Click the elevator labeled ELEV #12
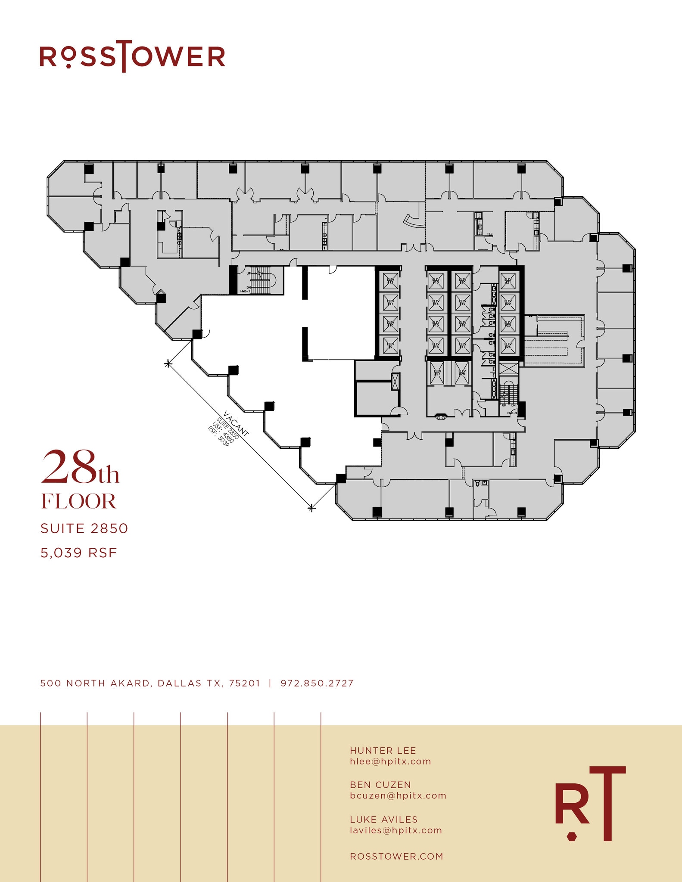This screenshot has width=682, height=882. click(x=390, y=282)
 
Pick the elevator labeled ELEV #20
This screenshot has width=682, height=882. click(x=462, y=282)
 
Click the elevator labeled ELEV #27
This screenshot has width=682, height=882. click(x=437, y=373)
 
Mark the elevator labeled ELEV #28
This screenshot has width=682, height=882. click(x=462, y=373)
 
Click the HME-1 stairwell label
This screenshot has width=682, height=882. click(x=246, y=292)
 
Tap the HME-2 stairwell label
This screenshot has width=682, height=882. click(x=512, y=413)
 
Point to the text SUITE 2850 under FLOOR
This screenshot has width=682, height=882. click(x=84, y=528)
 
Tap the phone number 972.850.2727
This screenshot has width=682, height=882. click(x=317, y=683)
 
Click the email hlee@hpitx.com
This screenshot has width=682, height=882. click(x=390, y=761)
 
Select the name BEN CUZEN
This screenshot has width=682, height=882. click(x=380, y=785)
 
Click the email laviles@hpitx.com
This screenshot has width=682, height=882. click(x=396, y=830)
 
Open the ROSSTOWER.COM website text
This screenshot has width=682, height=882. click(x=396, y=856)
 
